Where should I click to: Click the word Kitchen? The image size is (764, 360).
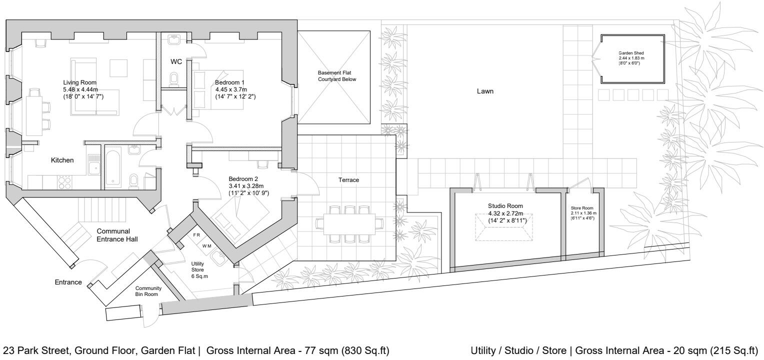click(x=62, y=160)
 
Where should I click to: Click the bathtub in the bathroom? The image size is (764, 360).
click(x=112, y=167)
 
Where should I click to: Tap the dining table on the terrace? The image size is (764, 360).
click(x=349, y=224)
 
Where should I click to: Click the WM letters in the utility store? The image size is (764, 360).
click(x=206, y=245)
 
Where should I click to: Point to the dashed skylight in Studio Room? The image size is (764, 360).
click(x=503, y=227)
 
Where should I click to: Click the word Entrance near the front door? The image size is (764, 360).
click(x=68, y=282)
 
